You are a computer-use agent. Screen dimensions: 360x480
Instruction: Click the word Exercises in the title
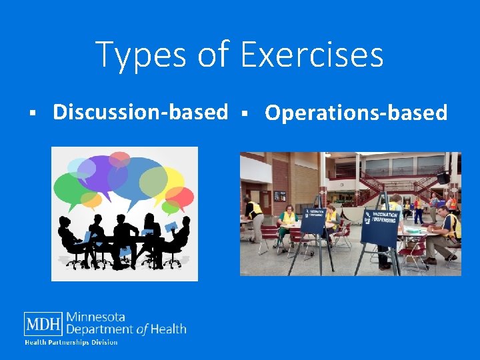pos(311,55)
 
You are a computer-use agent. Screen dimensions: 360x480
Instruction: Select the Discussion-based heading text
pos(140,112)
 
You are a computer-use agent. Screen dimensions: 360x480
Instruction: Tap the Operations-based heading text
pos(356,113)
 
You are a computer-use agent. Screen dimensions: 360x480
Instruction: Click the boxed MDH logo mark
pos(43,324)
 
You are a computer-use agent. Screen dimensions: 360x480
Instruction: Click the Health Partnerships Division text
pos(71,343)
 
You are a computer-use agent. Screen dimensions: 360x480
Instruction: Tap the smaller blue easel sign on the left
pos(313,221)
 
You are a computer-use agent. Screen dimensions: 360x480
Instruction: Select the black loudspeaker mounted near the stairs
pos(443,178)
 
